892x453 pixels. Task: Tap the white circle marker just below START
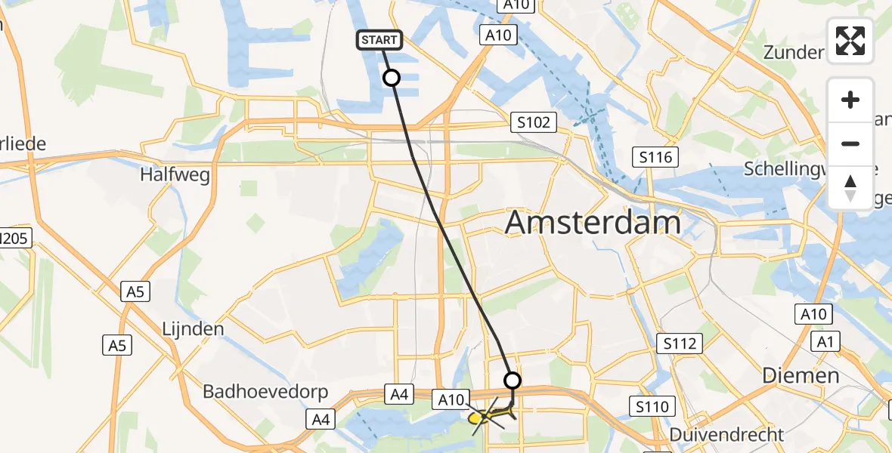coord(392,77)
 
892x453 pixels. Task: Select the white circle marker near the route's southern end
coord(513,380)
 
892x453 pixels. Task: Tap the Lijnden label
coord(194,329)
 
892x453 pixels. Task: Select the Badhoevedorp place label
coord(265,392)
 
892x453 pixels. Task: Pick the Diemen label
coord(801,375)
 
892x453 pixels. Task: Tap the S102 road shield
coord(534,122)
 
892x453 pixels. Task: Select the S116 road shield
coord(655,157)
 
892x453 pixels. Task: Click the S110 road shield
coord(652,408)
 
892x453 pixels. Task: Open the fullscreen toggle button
coord(850,41)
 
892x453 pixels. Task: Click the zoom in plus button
coord(850,100)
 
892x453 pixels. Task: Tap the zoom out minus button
coord(850,143)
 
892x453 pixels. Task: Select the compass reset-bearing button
coord(850,187)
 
